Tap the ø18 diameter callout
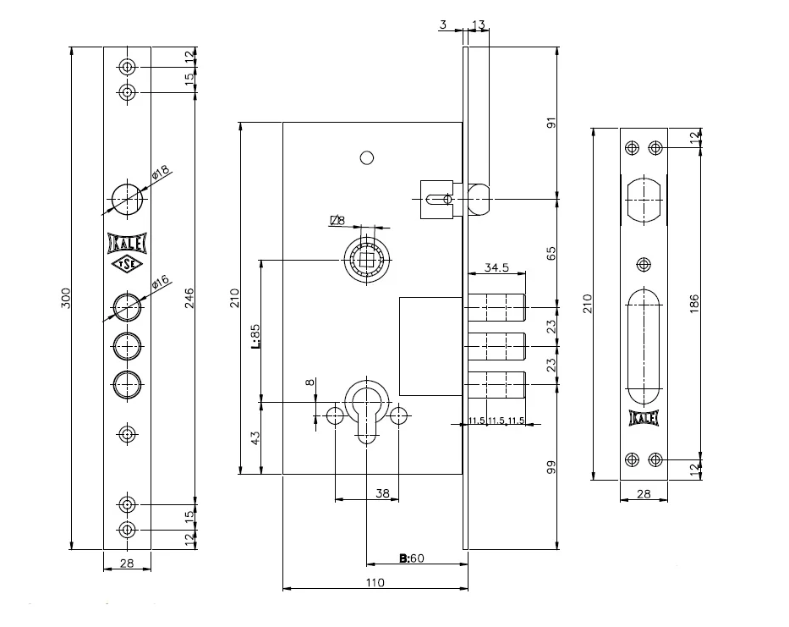tap(160, 173)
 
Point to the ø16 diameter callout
tap(160, 283)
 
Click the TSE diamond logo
tap(127, 266)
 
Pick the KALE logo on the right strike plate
tap(644, 417)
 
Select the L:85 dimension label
tap(254, 335)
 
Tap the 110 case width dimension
tap(375, 582)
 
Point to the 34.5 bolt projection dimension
tap(496, 267)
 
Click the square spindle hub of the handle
tap(367, 257)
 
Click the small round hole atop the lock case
tap(366, 157)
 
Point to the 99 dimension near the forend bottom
tap(551, 467)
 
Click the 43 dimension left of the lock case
tap(255, 438)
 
